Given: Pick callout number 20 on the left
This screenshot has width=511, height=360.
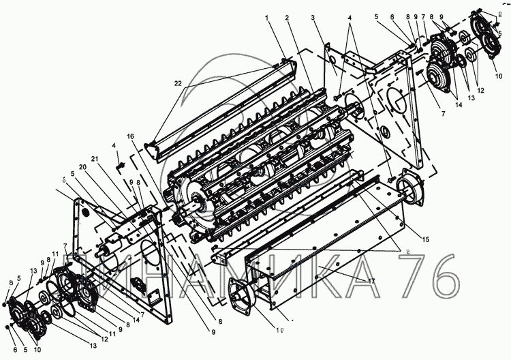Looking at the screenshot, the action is (x=82, y=168).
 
